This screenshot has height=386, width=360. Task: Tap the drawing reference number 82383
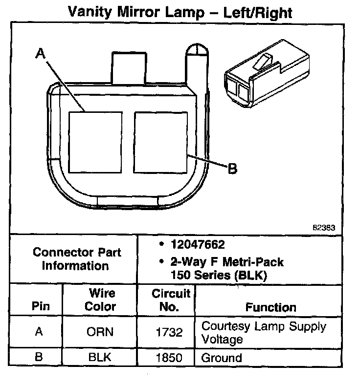[323, 228]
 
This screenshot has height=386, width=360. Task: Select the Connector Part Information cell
[77, 259]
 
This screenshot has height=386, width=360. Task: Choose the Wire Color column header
[101, 300]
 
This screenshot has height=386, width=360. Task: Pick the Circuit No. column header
[171, 300]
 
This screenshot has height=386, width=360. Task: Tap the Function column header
[270, 307]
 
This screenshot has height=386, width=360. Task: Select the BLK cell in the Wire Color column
[100, 357]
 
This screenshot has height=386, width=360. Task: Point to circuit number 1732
[169, 333]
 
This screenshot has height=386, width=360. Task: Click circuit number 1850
[169, 358]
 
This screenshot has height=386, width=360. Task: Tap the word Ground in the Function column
[222, 358]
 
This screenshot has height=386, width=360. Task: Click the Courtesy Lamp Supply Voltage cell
[264, 332]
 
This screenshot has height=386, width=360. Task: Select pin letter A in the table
[39, 332]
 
